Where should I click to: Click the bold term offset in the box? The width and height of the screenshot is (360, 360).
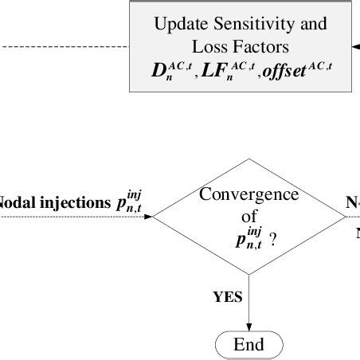[287, 70]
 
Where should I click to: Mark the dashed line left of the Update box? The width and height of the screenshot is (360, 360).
[64, 46]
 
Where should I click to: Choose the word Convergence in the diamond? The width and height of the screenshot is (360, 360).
[248, 194]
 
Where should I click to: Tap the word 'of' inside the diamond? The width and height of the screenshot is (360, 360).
[248, 215]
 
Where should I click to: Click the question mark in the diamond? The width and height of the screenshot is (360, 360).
[273, 237]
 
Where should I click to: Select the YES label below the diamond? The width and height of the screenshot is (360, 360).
[228, 297]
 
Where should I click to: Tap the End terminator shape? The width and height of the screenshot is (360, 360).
[248, 344]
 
